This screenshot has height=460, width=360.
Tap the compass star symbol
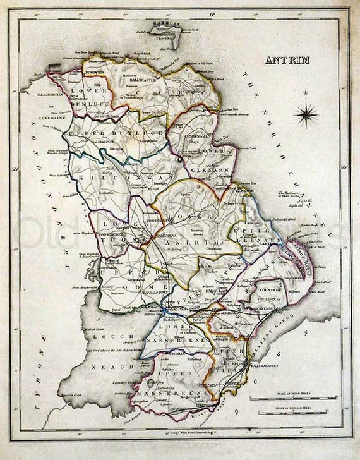pos(306,115)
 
